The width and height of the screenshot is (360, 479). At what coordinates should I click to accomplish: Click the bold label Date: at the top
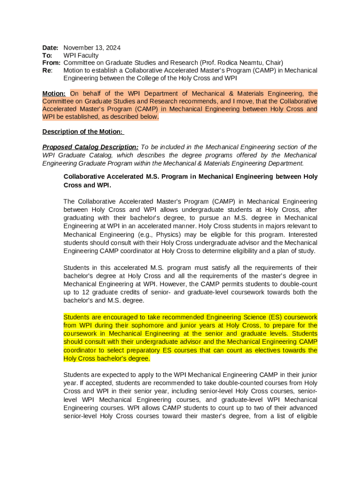point(50,48)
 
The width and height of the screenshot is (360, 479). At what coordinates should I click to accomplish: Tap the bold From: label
point(51,63)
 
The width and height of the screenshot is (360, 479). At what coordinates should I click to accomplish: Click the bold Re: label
point(47,70)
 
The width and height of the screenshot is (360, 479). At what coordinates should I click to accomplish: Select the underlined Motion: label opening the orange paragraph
point(54,94)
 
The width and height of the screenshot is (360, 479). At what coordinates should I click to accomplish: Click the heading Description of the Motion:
point(82,131)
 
